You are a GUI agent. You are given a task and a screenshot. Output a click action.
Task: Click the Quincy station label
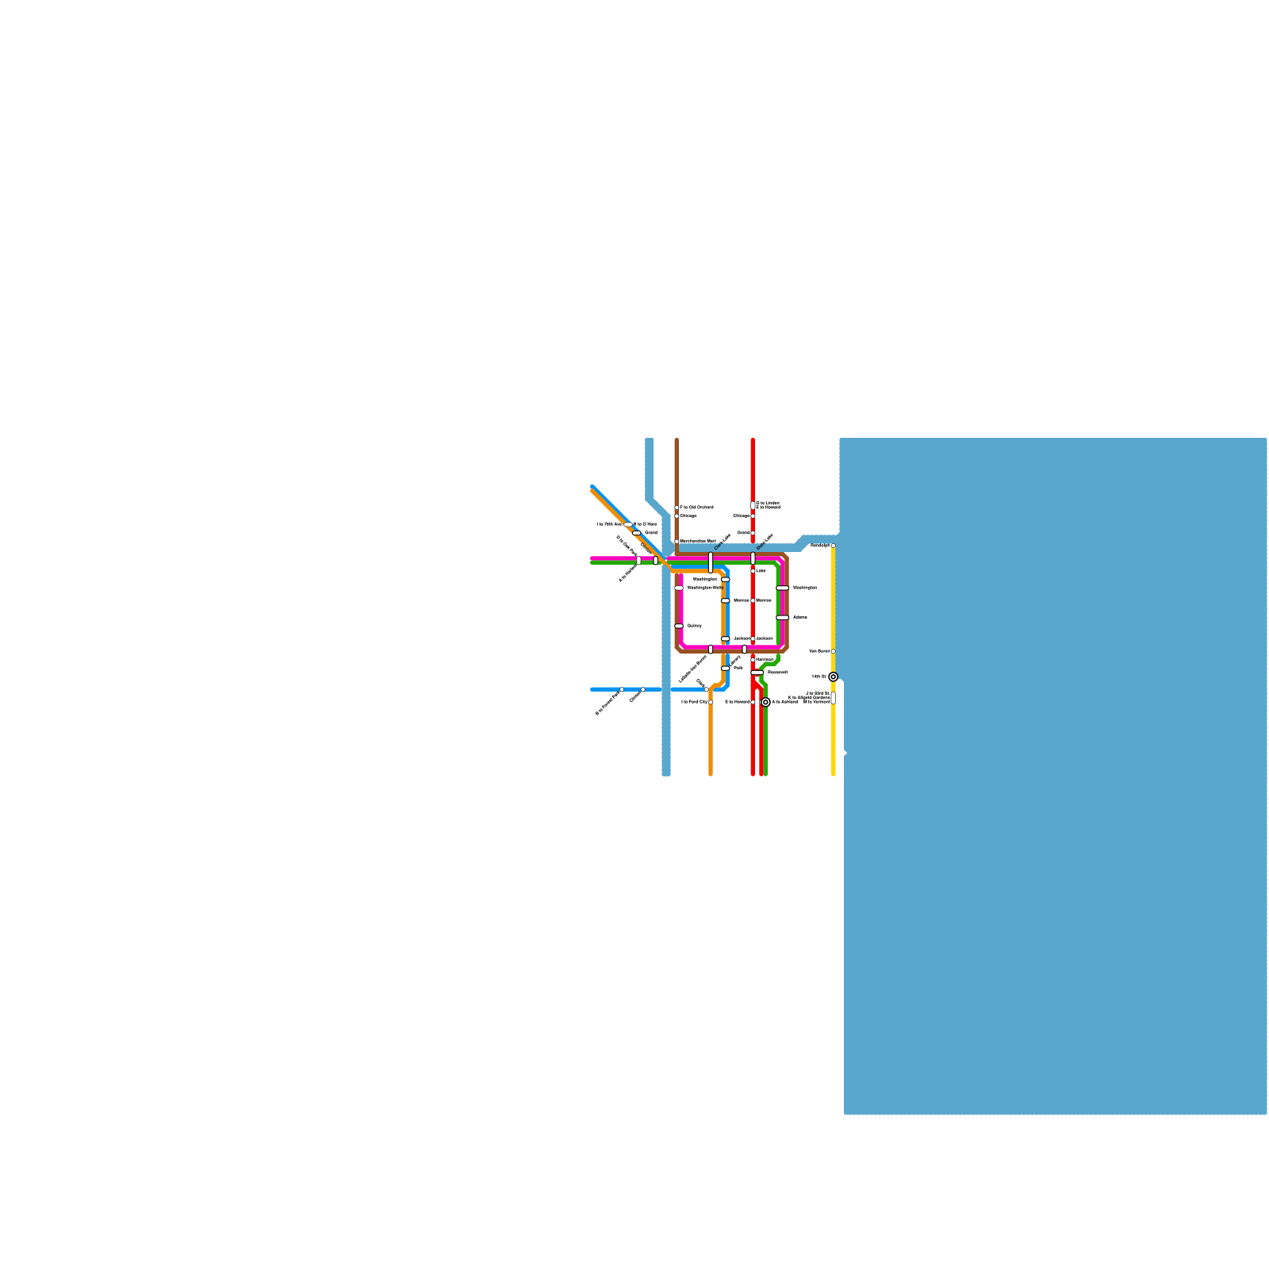tap(694, 626)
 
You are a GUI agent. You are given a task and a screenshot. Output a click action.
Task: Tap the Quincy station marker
tap(679, 626)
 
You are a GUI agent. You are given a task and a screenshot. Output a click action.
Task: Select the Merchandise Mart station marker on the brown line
tap(677, 542)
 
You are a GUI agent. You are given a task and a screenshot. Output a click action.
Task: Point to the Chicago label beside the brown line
tap(688, 516)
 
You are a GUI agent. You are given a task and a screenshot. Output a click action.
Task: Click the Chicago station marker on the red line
tap(753, 516)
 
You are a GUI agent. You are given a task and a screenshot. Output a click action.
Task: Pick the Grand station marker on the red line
tap(753, 533)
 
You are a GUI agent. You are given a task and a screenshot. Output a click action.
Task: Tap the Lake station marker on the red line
tap(753, 570)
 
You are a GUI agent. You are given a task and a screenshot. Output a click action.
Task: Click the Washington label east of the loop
tap(804, 588)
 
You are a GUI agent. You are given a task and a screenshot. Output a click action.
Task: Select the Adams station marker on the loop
tap(783, 617)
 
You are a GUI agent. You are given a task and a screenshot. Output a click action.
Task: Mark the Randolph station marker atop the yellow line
tap(833, 546)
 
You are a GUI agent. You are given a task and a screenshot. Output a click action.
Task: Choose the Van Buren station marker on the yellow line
tap(833, 651)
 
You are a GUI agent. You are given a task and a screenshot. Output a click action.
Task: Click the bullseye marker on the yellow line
tap(833, 677)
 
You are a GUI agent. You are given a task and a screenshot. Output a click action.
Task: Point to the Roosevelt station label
tap(777, 672)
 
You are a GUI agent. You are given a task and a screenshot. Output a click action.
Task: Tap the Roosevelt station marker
tap(757, 673)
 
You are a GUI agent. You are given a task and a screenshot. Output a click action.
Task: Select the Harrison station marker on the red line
tap(753, 659)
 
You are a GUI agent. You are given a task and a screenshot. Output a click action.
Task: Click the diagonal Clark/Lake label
tap(722, 542)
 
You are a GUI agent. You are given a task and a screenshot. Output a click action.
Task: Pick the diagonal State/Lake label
tap(764, 542)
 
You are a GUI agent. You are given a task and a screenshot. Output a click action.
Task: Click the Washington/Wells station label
tap(704, 588)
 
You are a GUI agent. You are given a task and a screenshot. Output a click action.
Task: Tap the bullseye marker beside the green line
tap(765, 702)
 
